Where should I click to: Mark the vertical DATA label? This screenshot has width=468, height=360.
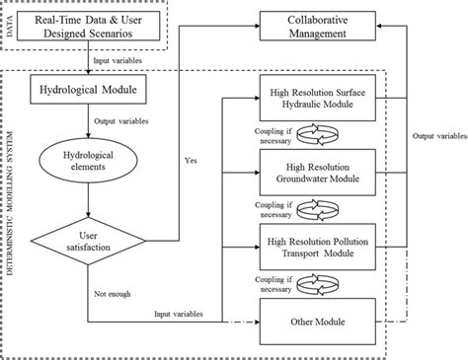point(11,27)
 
